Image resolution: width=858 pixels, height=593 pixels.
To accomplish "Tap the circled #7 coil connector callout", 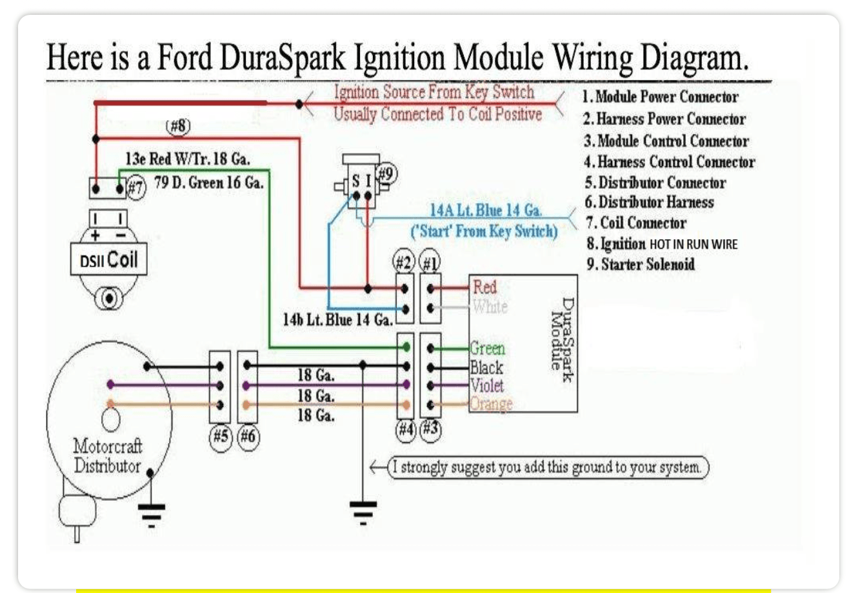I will click(136, 188).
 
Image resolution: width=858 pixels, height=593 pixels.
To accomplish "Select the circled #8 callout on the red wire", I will click(179, 126).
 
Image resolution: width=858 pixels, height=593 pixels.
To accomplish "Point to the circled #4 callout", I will click(405, 430).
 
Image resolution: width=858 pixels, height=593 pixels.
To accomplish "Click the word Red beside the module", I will click(484, 287).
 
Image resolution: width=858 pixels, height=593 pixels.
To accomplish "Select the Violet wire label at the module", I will click(487, 385).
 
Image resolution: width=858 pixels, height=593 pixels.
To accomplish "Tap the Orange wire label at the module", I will click(491, 403).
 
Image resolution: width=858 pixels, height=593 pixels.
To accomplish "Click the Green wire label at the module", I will click(487, 349).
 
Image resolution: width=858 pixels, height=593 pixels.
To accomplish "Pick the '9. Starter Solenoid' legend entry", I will click(641, 264).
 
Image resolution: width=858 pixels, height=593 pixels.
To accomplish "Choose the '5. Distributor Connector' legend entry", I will click(655, 182).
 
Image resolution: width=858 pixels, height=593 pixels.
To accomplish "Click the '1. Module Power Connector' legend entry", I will click(660, 97).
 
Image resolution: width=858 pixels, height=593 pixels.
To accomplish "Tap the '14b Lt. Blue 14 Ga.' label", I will click(337, 320).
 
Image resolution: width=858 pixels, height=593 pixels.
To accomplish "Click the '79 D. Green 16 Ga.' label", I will click(209, 182).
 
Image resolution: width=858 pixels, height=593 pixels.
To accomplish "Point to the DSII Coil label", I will click(108, 260).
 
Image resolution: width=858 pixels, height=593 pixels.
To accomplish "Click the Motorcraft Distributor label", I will click(107, 456).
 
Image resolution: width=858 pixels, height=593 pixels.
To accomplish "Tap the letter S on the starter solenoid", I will click(355, 182).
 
